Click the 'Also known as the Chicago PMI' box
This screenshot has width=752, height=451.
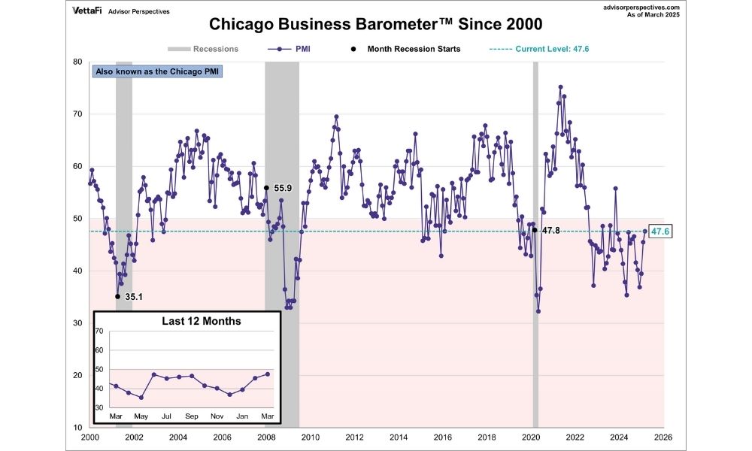158,72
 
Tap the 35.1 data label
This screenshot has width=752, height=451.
133,297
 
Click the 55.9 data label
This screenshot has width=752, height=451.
283,187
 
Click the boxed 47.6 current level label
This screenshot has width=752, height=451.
660,232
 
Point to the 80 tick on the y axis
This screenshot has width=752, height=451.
78,62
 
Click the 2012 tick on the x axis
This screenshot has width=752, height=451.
354,437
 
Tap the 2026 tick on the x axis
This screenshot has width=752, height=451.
663,437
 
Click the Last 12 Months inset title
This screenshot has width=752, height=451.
202,321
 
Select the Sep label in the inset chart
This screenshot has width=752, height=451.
191,416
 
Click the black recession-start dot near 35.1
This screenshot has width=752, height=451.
117,296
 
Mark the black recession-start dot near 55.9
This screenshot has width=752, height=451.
266,187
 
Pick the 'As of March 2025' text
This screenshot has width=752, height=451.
653,15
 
